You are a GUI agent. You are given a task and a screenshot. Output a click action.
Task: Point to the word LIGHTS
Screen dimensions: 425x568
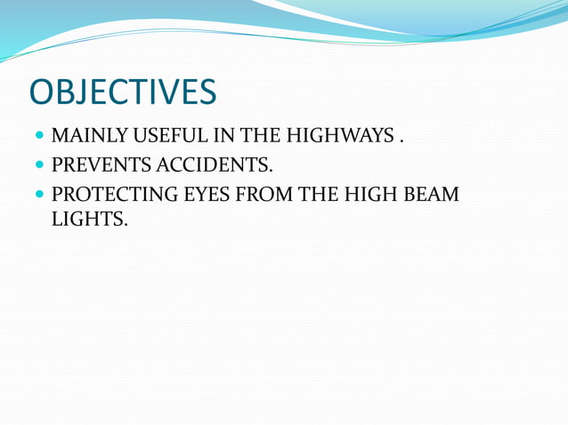[89, 217]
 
